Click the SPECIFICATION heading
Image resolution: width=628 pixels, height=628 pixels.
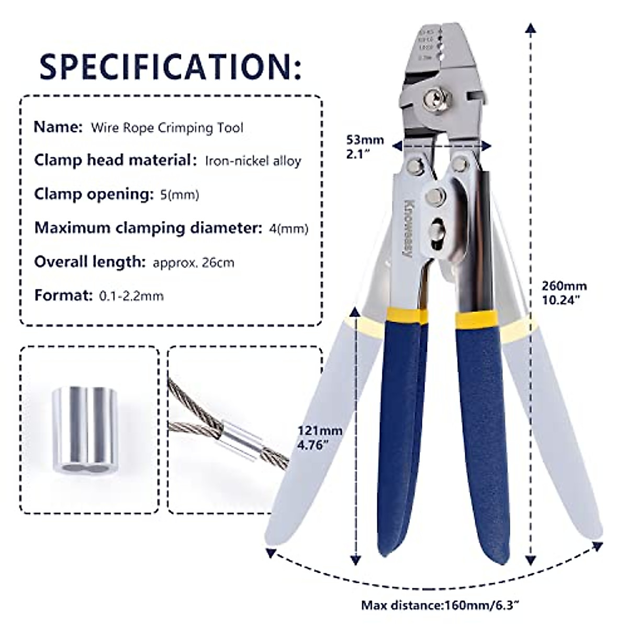pos(171,66)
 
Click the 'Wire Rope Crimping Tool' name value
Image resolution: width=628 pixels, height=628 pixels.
pos(167,128)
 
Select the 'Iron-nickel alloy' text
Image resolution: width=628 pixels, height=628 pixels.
pos(253,161)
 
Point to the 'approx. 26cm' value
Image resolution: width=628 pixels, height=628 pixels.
pos(194,262)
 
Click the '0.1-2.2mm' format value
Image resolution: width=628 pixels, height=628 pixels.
pos(131,296)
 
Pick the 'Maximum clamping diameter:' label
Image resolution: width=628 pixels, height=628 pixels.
pos(147,228)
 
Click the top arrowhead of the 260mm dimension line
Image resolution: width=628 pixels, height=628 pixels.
pos(532,29)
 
